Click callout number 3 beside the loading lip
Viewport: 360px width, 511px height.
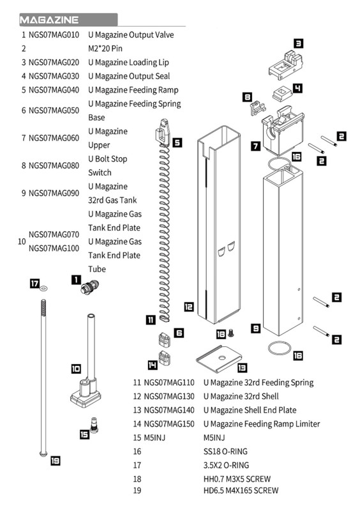tap(298, 43)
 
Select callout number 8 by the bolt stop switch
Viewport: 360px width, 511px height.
tap(247, 97)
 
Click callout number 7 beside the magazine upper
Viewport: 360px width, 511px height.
tap(255, 146)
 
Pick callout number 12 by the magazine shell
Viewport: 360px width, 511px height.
tap(189, 307)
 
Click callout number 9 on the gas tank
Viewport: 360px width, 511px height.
tap(255, 328)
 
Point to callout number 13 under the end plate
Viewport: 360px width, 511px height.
tap(242, 368)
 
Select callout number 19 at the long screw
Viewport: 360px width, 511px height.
tap(56, 460)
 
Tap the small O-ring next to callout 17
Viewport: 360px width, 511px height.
tap(42, 289)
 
